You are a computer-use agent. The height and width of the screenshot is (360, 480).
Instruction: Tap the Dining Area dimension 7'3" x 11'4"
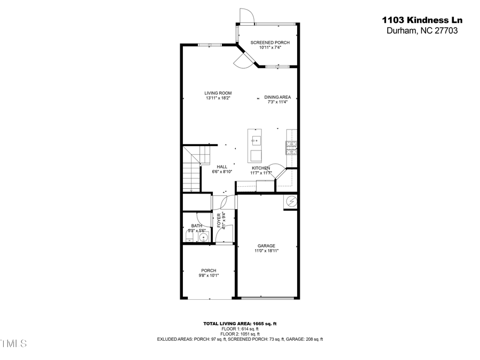click(277, 102)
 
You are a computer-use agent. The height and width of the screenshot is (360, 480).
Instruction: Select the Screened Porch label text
click(270, 43)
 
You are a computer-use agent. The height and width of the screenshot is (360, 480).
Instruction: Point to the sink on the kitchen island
click(255, 141)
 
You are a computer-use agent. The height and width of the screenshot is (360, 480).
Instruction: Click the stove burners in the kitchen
click(291, 147)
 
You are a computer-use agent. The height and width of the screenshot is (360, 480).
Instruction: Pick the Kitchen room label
click(261, 168)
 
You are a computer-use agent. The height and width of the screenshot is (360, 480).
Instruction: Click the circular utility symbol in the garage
click(291, 201)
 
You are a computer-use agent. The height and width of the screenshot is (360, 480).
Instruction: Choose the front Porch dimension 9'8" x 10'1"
click(209, 275)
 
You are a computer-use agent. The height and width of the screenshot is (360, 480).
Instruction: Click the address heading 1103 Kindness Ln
click(422, 20)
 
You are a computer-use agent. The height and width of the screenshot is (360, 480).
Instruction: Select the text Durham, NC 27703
click(422, 30)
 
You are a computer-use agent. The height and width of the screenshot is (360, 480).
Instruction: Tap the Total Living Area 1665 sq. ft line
click(239, 324)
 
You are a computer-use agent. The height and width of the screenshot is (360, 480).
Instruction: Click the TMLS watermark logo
click(13, 343)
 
